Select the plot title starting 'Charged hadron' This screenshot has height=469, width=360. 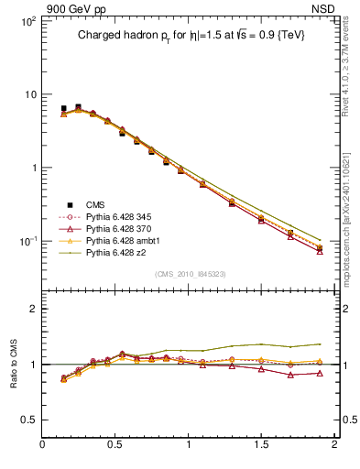[190, 34]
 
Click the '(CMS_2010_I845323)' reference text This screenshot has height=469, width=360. [190, 274]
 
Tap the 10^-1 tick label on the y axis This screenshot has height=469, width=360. [26, 241]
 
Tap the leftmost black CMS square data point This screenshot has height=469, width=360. [63, 108]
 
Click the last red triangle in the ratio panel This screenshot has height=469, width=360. [320, 373]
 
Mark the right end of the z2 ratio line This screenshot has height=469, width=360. [320, 344]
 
